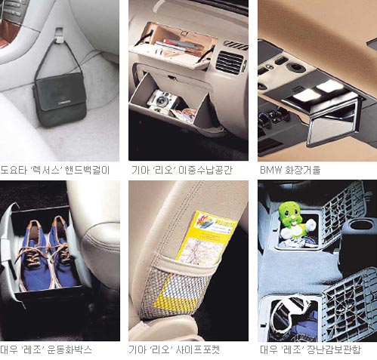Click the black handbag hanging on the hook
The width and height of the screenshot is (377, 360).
coord(60,100)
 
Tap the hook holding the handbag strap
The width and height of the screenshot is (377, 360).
coord(60,35)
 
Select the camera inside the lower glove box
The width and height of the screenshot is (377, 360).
coord(161,100)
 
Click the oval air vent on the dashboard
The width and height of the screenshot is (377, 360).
coord(230,63)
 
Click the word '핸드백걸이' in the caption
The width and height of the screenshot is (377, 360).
coord(87,171)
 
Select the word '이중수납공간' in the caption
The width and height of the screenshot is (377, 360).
coord(205,171)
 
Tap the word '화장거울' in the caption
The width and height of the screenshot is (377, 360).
coord(303,171)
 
